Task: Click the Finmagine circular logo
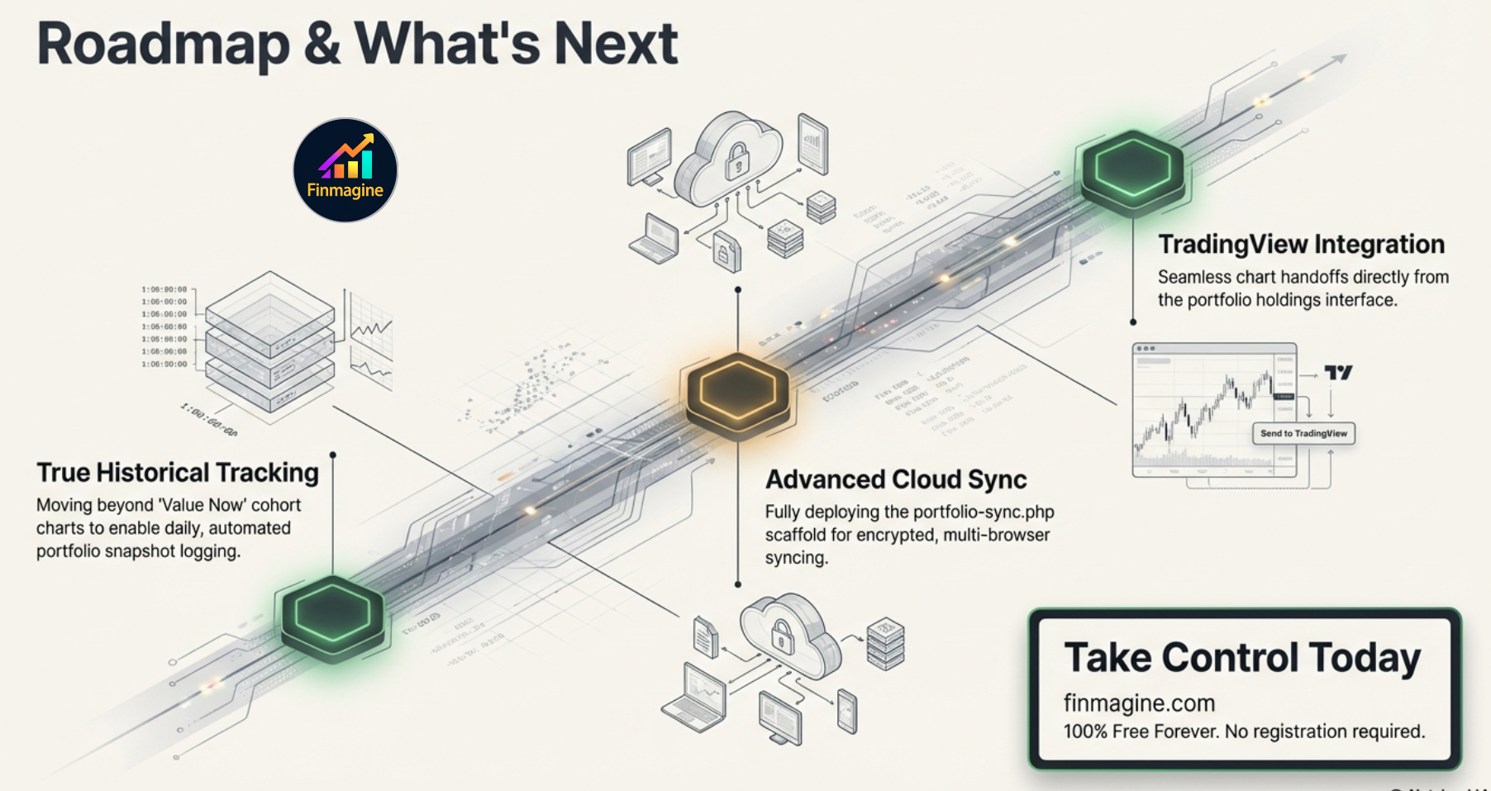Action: tap(345, 170)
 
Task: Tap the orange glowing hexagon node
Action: tap(737, 393)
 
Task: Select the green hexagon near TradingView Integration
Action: tap(1132, 170)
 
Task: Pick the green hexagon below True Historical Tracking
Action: tap(332, 617)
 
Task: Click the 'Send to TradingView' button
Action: tap(1303, 433)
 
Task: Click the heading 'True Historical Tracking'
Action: tap(178, 473)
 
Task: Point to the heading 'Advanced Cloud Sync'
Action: tap(896, 479)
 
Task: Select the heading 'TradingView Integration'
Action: tap(1301, 245)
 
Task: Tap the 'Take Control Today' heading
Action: tap(1241, 658)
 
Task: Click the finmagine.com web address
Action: tap(1139, 703)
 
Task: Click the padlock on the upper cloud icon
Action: tap(736, 162)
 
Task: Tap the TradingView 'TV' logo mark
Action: tap(1338, 373)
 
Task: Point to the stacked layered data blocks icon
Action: tap(269, 341)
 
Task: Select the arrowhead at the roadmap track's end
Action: tap(1340, 60)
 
